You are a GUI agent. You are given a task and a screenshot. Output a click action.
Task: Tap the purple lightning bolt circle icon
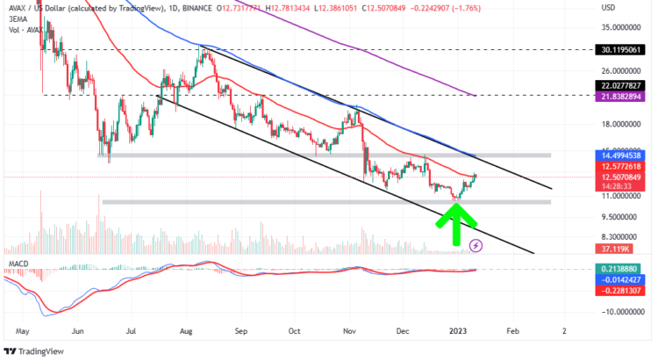coord(476,245)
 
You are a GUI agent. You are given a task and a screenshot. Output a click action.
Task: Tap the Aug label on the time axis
coord(187,331)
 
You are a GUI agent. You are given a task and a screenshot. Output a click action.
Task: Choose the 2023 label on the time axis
coord(458,331)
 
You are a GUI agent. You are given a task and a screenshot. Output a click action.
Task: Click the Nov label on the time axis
coord(349,331)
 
